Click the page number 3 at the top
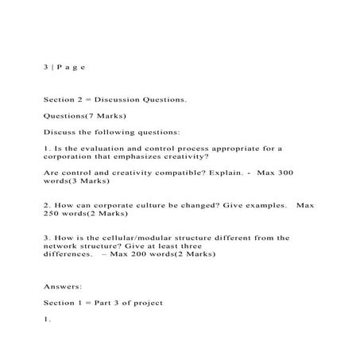46,68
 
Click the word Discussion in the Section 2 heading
118,101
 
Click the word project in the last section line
146,303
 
